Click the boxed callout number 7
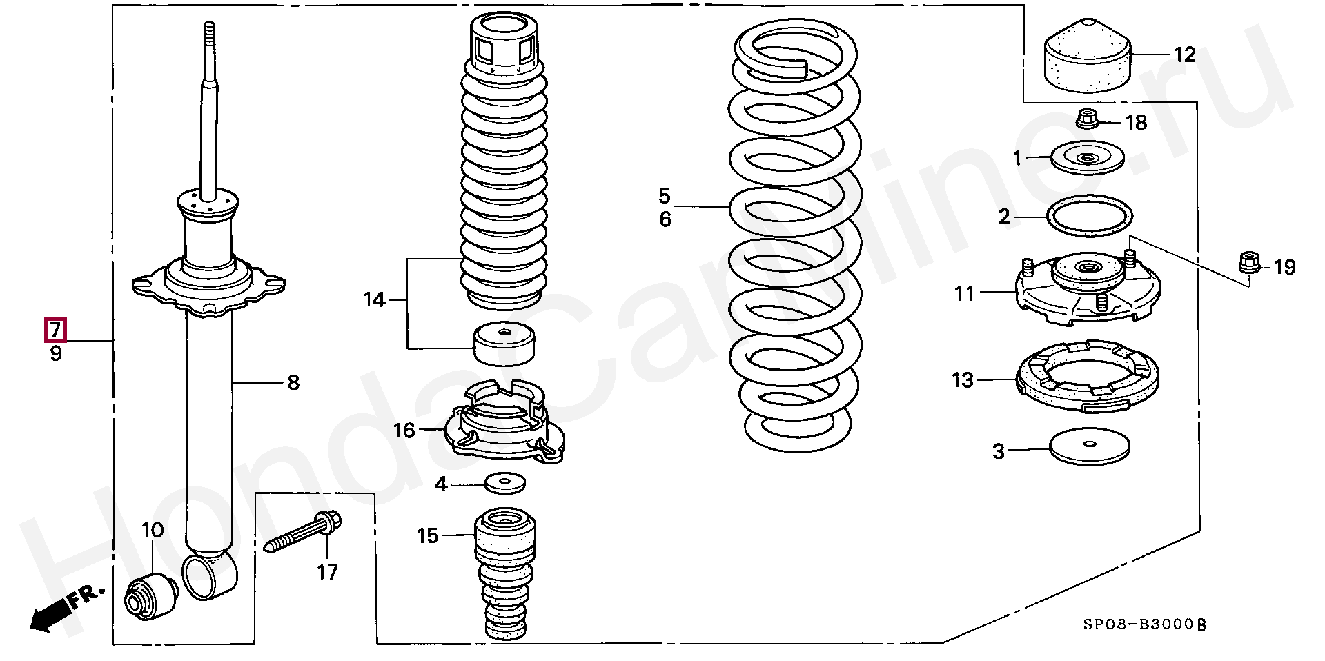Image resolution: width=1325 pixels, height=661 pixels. pos(55,330)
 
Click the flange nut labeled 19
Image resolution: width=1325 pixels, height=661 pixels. pos(1249,262)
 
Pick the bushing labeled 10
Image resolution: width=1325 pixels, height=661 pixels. pos(150,594)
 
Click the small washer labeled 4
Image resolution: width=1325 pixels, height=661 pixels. pos(504,482)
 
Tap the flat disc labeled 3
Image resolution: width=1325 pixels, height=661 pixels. pos(1089,448)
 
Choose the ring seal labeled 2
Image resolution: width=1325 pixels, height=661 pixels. pos(1090,216)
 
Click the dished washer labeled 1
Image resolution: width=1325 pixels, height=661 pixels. pos(1087,158)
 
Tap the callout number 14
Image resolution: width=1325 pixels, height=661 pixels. pos(375,300)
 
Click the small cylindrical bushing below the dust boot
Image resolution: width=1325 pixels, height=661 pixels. pos(504,343)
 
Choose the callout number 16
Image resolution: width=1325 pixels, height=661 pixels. pos(404,431)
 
